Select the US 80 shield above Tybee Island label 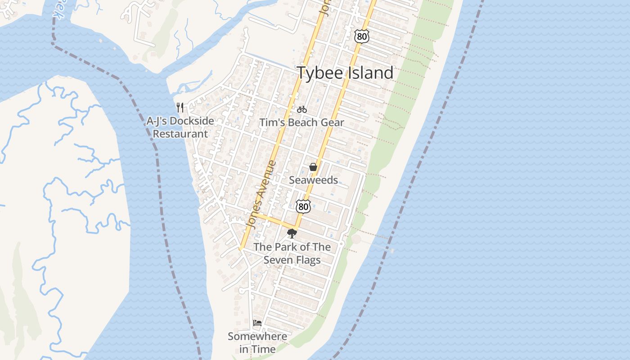tap(362, 36)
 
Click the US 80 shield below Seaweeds tap(303, 207)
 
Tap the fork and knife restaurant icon tap(180, 108)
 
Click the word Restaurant tap(180, 134)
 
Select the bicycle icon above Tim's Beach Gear tap(301, 109)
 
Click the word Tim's tap(271, 122)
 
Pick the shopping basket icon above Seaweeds tap(313, 167)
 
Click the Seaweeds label tap(313, 180)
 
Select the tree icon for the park tap(292, 233)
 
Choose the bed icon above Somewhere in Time tap(257, 323)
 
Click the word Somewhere tap(257, 336)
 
